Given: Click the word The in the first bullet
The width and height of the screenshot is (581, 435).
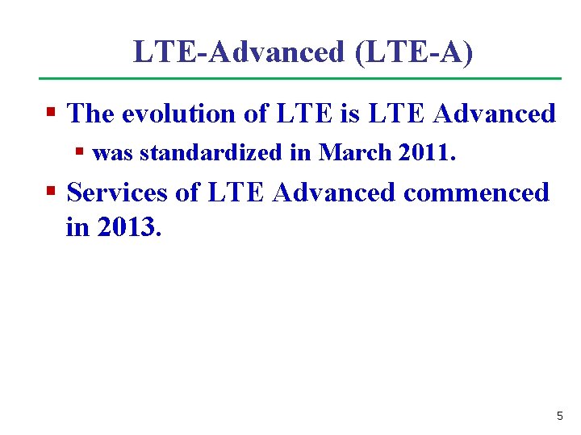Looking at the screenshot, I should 90,114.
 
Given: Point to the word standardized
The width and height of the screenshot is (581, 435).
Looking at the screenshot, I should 205,152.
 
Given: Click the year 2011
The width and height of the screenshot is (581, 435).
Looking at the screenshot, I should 427,152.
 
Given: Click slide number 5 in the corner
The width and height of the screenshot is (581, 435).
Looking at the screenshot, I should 559,416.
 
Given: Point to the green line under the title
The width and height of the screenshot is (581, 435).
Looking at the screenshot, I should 300,78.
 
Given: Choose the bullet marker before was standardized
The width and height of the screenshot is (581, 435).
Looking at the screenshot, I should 80,151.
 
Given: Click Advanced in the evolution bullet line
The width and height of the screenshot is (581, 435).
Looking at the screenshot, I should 494,114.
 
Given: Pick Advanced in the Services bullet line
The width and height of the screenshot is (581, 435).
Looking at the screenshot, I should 334,193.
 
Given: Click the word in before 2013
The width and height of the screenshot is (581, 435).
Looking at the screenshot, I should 77,227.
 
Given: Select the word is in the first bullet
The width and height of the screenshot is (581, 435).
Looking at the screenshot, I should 349,114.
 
